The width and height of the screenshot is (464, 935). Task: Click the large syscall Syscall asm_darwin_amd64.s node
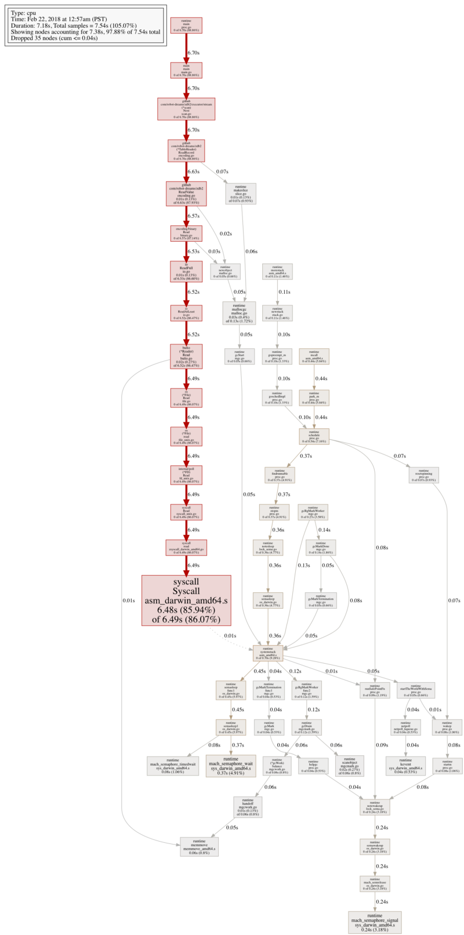[186, 600]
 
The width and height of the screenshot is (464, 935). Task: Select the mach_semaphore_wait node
[231, 766]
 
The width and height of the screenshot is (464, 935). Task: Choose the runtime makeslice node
[240, 192]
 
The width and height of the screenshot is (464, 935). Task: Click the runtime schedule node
[314, 437]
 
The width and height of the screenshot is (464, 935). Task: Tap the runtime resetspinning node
[423, 475]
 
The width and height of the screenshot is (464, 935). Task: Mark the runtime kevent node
[406, 766]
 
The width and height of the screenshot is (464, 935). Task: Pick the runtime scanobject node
[349, 766]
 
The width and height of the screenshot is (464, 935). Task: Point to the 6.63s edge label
[193, 172]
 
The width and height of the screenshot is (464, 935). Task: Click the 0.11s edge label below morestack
[284, 292]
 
